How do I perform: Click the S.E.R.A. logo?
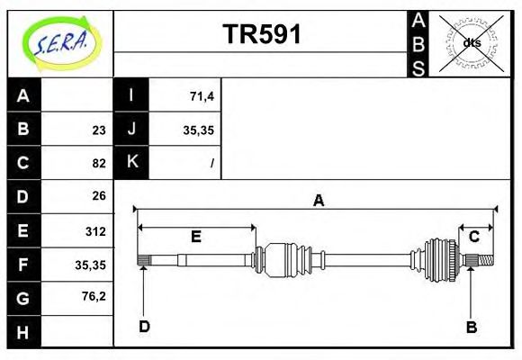coord(61,43)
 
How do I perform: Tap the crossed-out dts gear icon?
coord(470,42)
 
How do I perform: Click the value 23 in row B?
coord(98,130)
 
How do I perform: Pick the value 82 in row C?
coord(98,163)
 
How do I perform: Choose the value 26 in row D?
coord(98,195)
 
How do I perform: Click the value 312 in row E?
coord(94,231)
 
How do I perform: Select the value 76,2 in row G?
coord(93,296)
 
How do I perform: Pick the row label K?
coord(131,163)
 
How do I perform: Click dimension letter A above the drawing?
coord(318,201)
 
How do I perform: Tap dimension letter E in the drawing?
coord(195,236)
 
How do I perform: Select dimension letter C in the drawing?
coord(473,236)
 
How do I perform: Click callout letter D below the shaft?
coord(144,327)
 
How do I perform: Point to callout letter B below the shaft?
coord(471,327)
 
